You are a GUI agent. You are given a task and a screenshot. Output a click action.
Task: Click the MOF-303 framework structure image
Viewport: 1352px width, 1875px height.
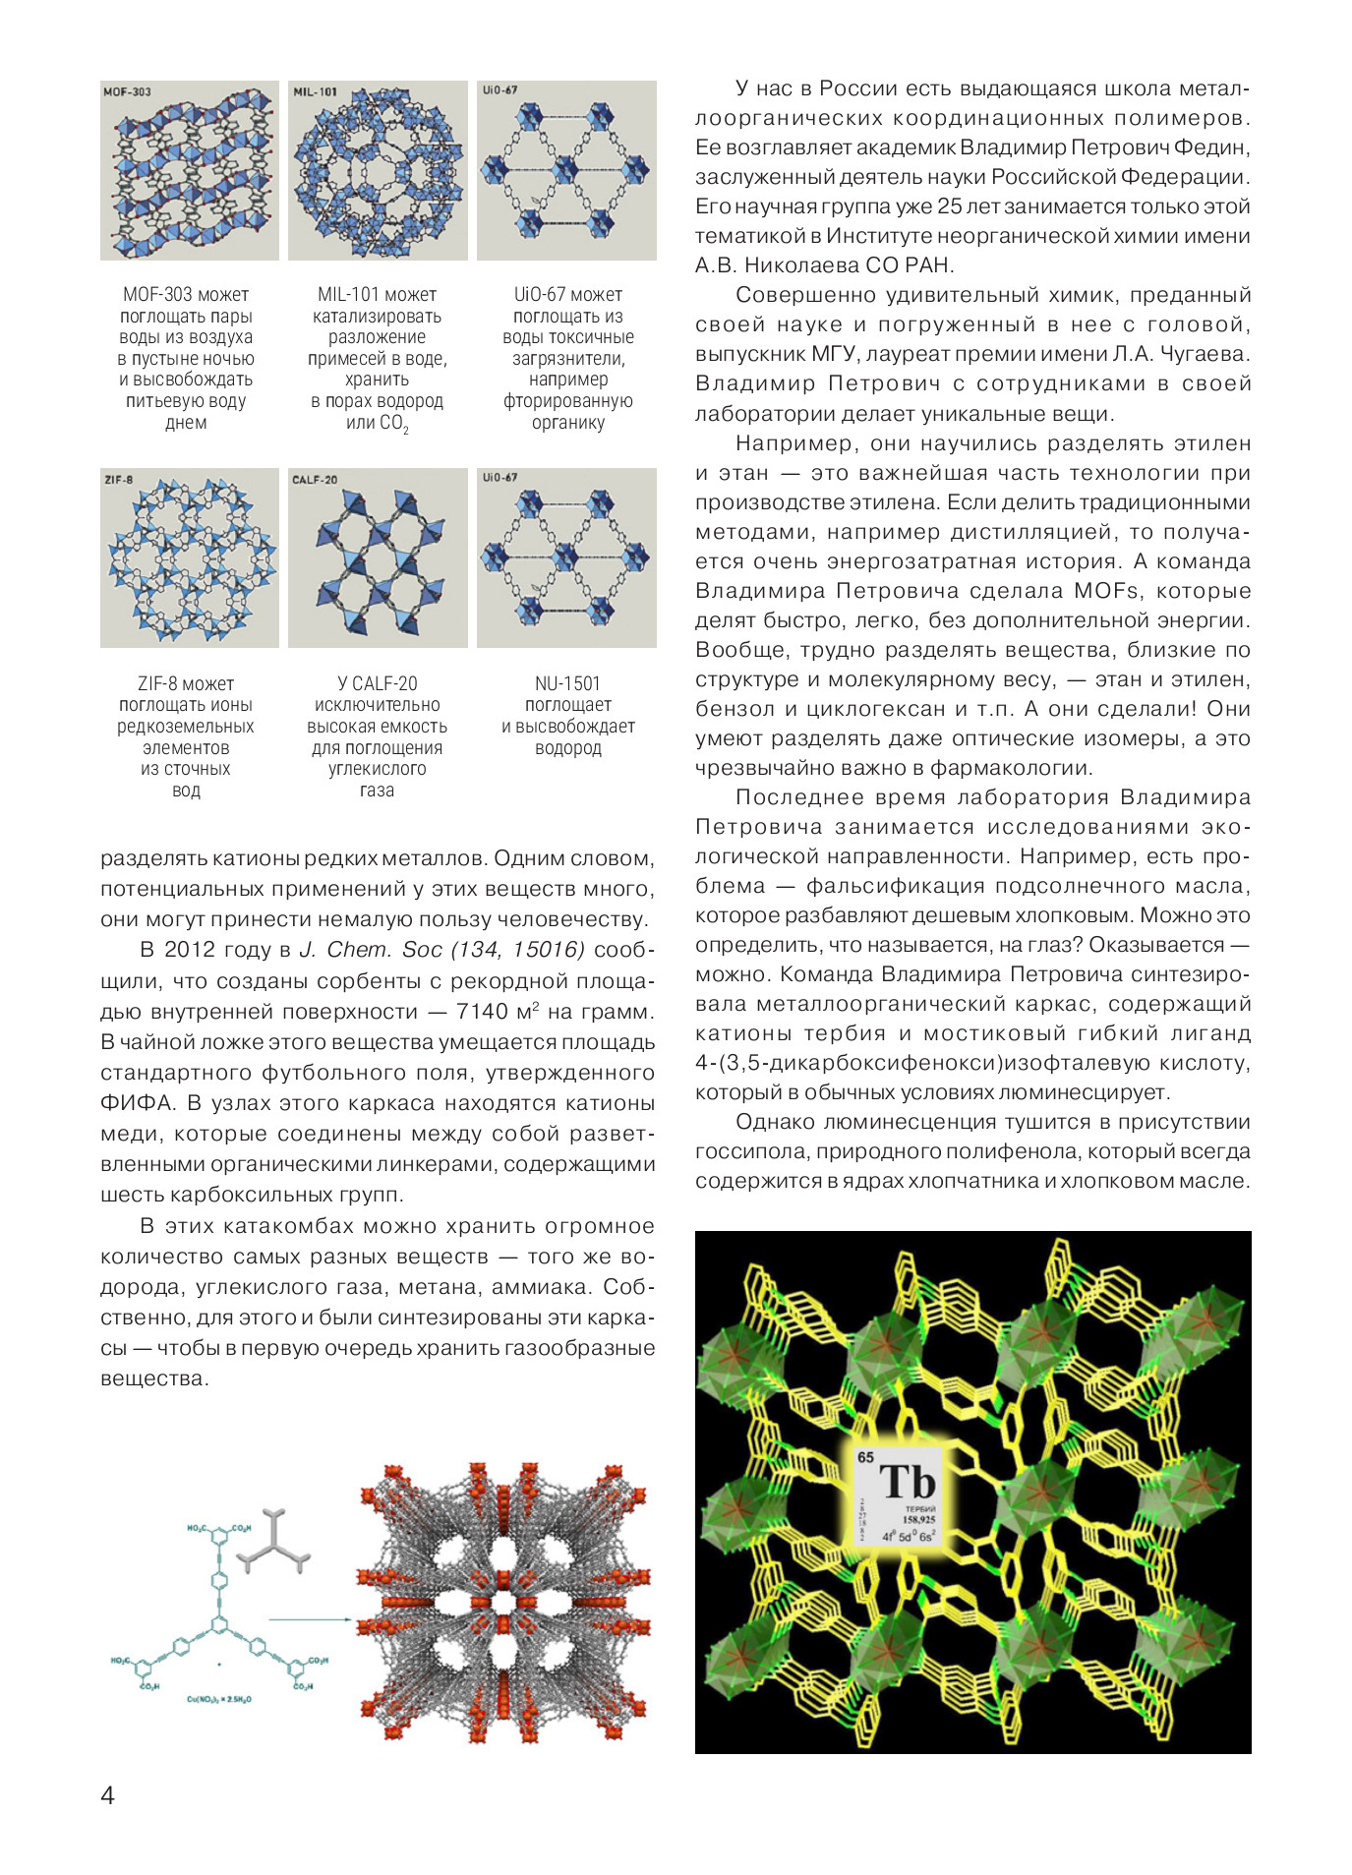click(189, 170)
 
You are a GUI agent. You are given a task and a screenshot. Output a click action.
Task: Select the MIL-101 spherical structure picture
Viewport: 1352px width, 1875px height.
click(378, 170)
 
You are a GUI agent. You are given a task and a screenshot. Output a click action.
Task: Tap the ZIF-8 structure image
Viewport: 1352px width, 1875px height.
click(189, 557)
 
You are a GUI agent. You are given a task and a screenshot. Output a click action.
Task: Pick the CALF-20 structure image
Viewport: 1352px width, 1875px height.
click(378, 557)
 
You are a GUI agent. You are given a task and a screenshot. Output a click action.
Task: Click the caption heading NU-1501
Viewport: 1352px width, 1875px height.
click(567, 683)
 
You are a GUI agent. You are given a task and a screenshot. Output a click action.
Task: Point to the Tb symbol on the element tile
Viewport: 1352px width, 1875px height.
click(907, 1482)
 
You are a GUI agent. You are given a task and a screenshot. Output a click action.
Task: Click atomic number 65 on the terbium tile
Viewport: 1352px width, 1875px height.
click(865, 1457)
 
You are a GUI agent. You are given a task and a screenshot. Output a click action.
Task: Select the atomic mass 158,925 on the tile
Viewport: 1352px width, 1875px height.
click(919, 1519)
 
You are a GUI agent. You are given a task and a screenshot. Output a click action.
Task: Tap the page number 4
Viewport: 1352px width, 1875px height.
click(107, 1795)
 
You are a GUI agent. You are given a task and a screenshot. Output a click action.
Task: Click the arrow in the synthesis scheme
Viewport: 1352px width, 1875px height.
click(310, 1618)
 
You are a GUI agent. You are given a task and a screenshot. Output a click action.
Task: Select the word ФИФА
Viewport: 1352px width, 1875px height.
click(134, 1103)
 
